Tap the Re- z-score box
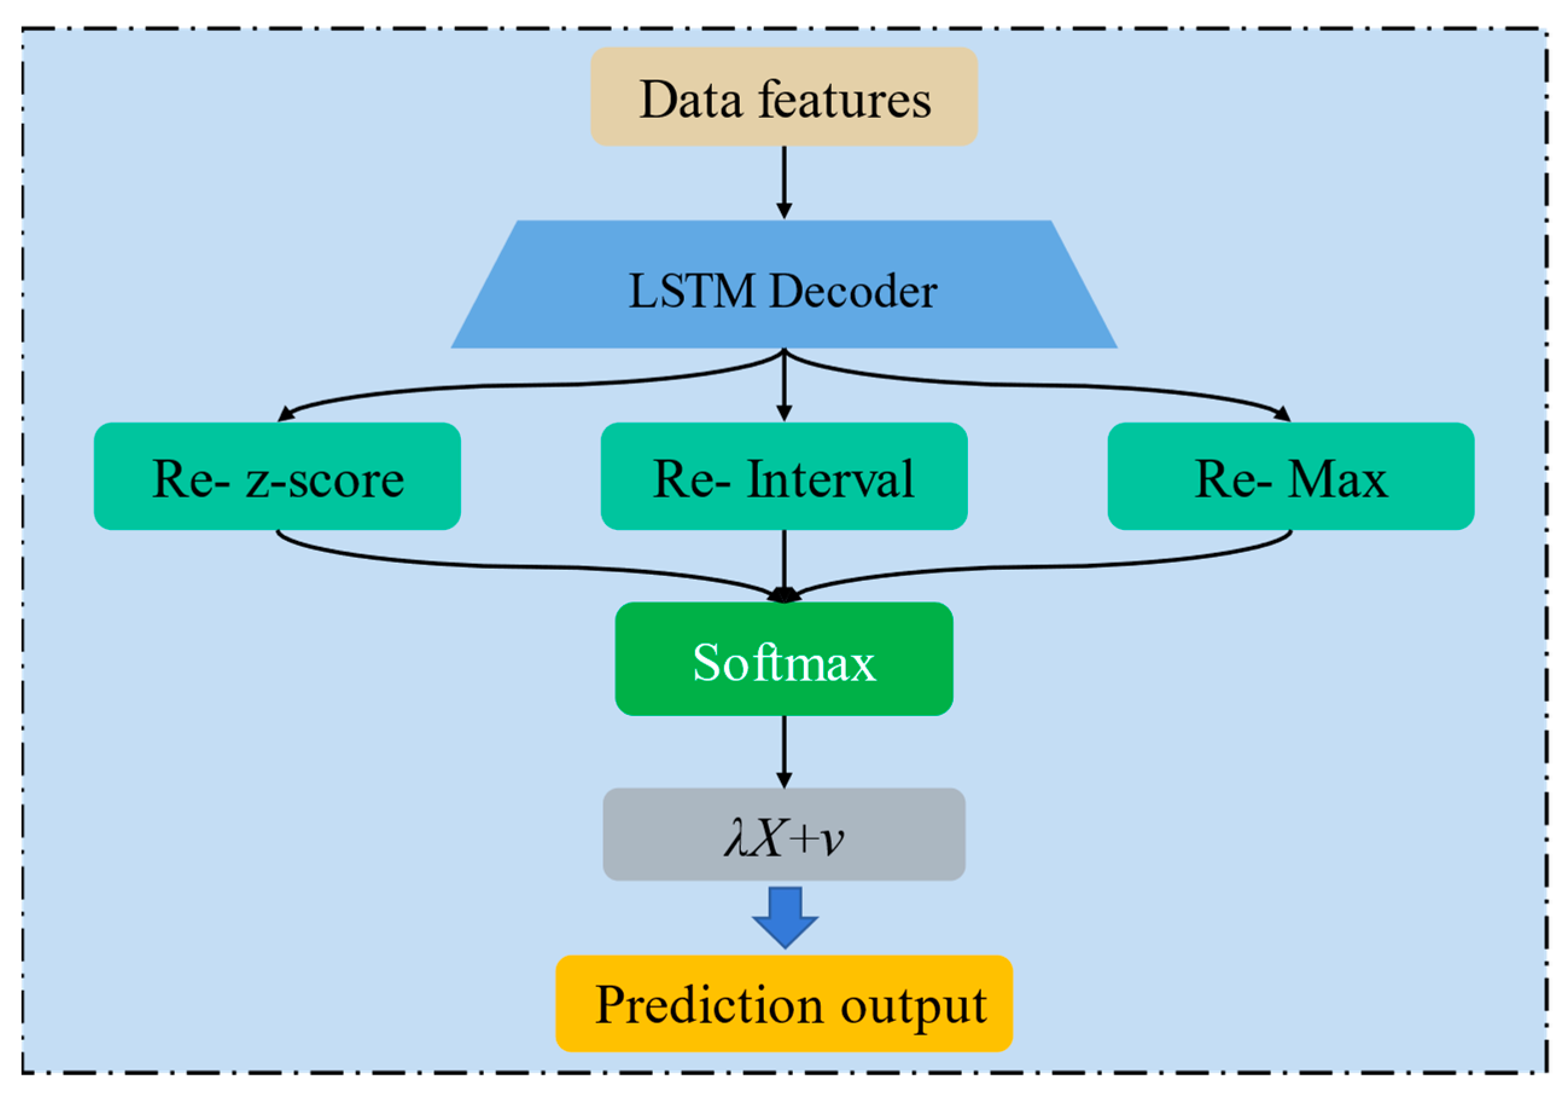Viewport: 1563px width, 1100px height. (x=277, y=476)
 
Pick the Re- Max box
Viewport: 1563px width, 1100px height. (x=1291, y=476)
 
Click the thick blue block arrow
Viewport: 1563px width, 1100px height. (x=785, y=917)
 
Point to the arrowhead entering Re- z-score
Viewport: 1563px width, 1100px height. (x=286, y=414)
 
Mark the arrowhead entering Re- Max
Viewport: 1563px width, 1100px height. (x=1282, y=414)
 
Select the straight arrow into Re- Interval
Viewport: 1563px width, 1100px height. (x=785, y=385)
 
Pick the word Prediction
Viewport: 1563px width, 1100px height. (x=708, y=1005)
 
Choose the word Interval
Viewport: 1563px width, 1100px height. (x=830, y=479)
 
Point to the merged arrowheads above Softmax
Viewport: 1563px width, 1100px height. (x=785, y=595)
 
